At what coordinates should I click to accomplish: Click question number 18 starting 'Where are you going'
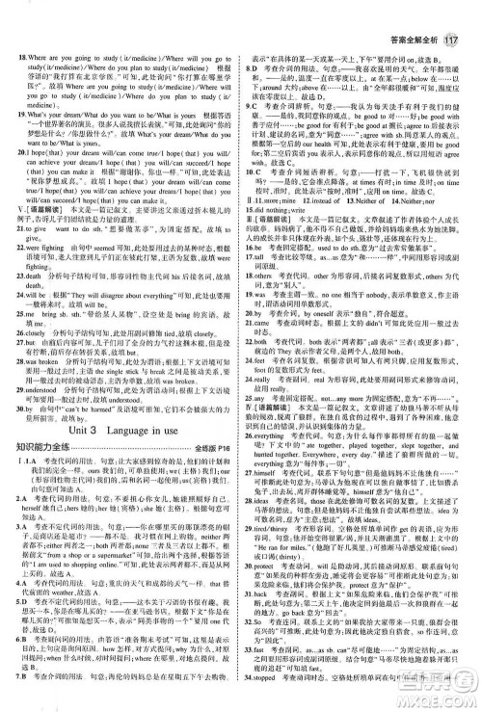pos(21,33)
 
